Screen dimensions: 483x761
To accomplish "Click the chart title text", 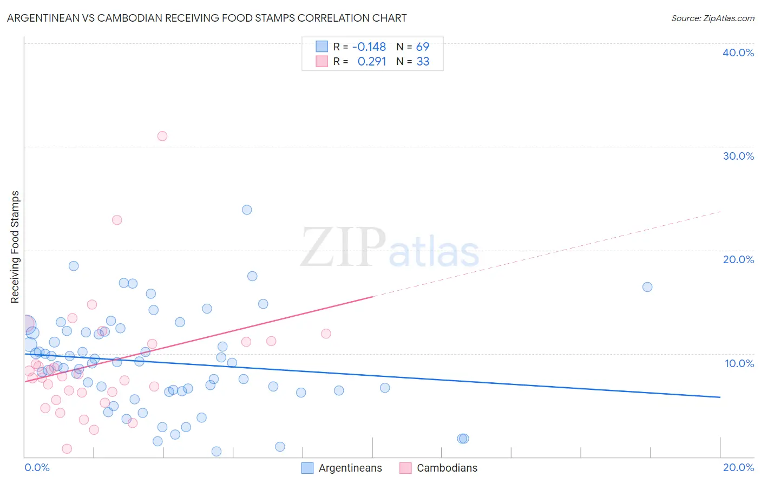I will point(207,18).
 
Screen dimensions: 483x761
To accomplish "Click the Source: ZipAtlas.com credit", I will point(712,18).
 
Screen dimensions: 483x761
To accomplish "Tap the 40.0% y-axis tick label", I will point(738,53).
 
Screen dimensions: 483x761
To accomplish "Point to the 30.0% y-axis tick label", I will point(738,156).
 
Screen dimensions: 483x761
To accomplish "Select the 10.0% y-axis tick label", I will point(739,363).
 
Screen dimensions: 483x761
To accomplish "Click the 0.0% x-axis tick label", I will point(37,467).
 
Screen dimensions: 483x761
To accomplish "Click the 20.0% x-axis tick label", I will point(738,467).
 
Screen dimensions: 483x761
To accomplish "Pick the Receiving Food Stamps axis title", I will point(15,247).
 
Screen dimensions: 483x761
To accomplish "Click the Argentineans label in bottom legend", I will point(350,468).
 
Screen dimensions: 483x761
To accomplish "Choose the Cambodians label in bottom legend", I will point(447,468).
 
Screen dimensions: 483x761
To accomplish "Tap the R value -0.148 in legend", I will point(369,47).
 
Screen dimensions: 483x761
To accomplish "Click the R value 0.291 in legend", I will point(372,61).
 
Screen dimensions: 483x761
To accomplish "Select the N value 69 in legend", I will point(423,47).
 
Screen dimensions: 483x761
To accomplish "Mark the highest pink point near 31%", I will point(162,136).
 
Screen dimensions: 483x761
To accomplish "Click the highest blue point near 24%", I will point(247,210).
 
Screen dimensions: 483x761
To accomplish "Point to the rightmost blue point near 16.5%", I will point(647,287).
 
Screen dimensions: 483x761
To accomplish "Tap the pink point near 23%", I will point(117,220).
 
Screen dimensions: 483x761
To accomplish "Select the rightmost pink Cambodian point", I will point(326,334).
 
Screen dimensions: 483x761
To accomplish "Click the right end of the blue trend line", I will point(720,397).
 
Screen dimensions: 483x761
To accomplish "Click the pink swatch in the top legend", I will point(322,61).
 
